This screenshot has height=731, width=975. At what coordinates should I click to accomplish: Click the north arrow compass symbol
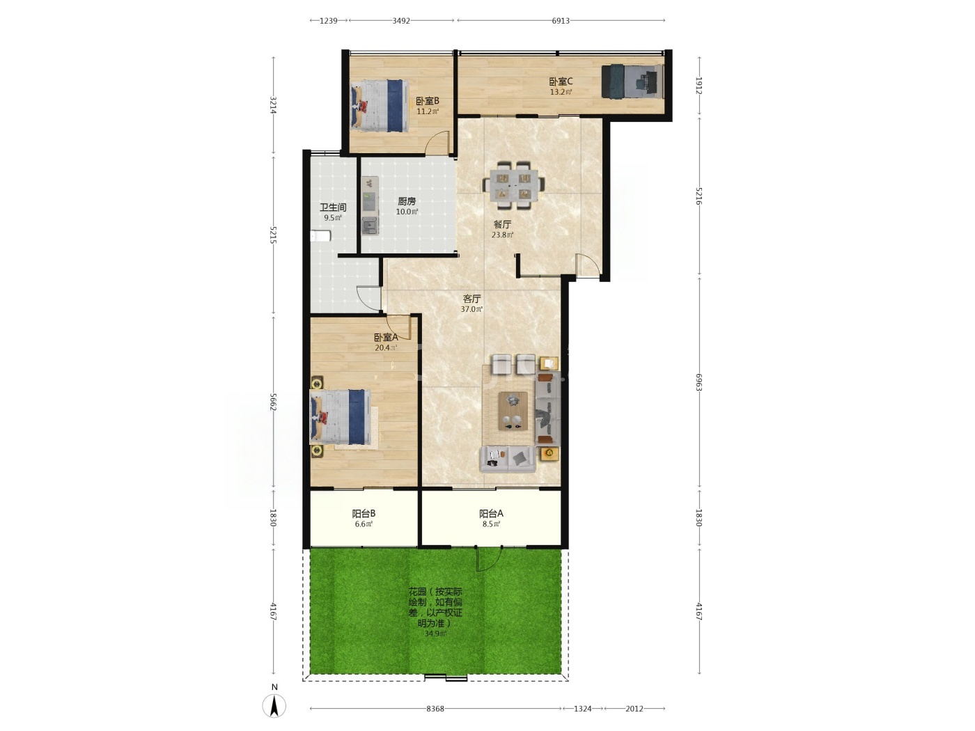click(274, 704)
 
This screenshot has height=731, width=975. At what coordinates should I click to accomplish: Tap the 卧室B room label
click(428, 101)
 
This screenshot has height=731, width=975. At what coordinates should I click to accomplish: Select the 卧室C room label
click(561, 81)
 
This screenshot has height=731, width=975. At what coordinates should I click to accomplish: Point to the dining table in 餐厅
click(514, 185)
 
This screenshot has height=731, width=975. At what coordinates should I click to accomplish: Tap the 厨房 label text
click(407, 201)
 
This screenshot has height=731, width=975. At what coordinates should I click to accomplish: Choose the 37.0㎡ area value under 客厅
click(471, 309)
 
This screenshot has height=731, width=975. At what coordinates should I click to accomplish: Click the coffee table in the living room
click(513, 411)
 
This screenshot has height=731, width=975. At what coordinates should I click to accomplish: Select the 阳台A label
click(491, 514)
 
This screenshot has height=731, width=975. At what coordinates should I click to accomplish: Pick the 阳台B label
click(364, 514)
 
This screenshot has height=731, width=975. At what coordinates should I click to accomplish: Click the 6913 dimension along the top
click(561, 20)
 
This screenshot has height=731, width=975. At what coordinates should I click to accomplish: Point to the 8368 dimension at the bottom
click(435, 709)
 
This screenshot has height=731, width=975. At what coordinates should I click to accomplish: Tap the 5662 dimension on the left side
click(274, 402)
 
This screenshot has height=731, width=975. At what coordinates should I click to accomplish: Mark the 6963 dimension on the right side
click(699, 382)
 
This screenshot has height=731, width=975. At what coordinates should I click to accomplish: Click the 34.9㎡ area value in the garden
click(435, 634)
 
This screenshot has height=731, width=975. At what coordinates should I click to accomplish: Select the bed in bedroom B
click(380, 106)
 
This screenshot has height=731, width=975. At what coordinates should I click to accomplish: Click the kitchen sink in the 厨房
click(370, 226)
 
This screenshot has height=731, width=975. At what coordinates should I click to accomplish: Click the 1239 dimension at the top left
click(328, 20)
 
